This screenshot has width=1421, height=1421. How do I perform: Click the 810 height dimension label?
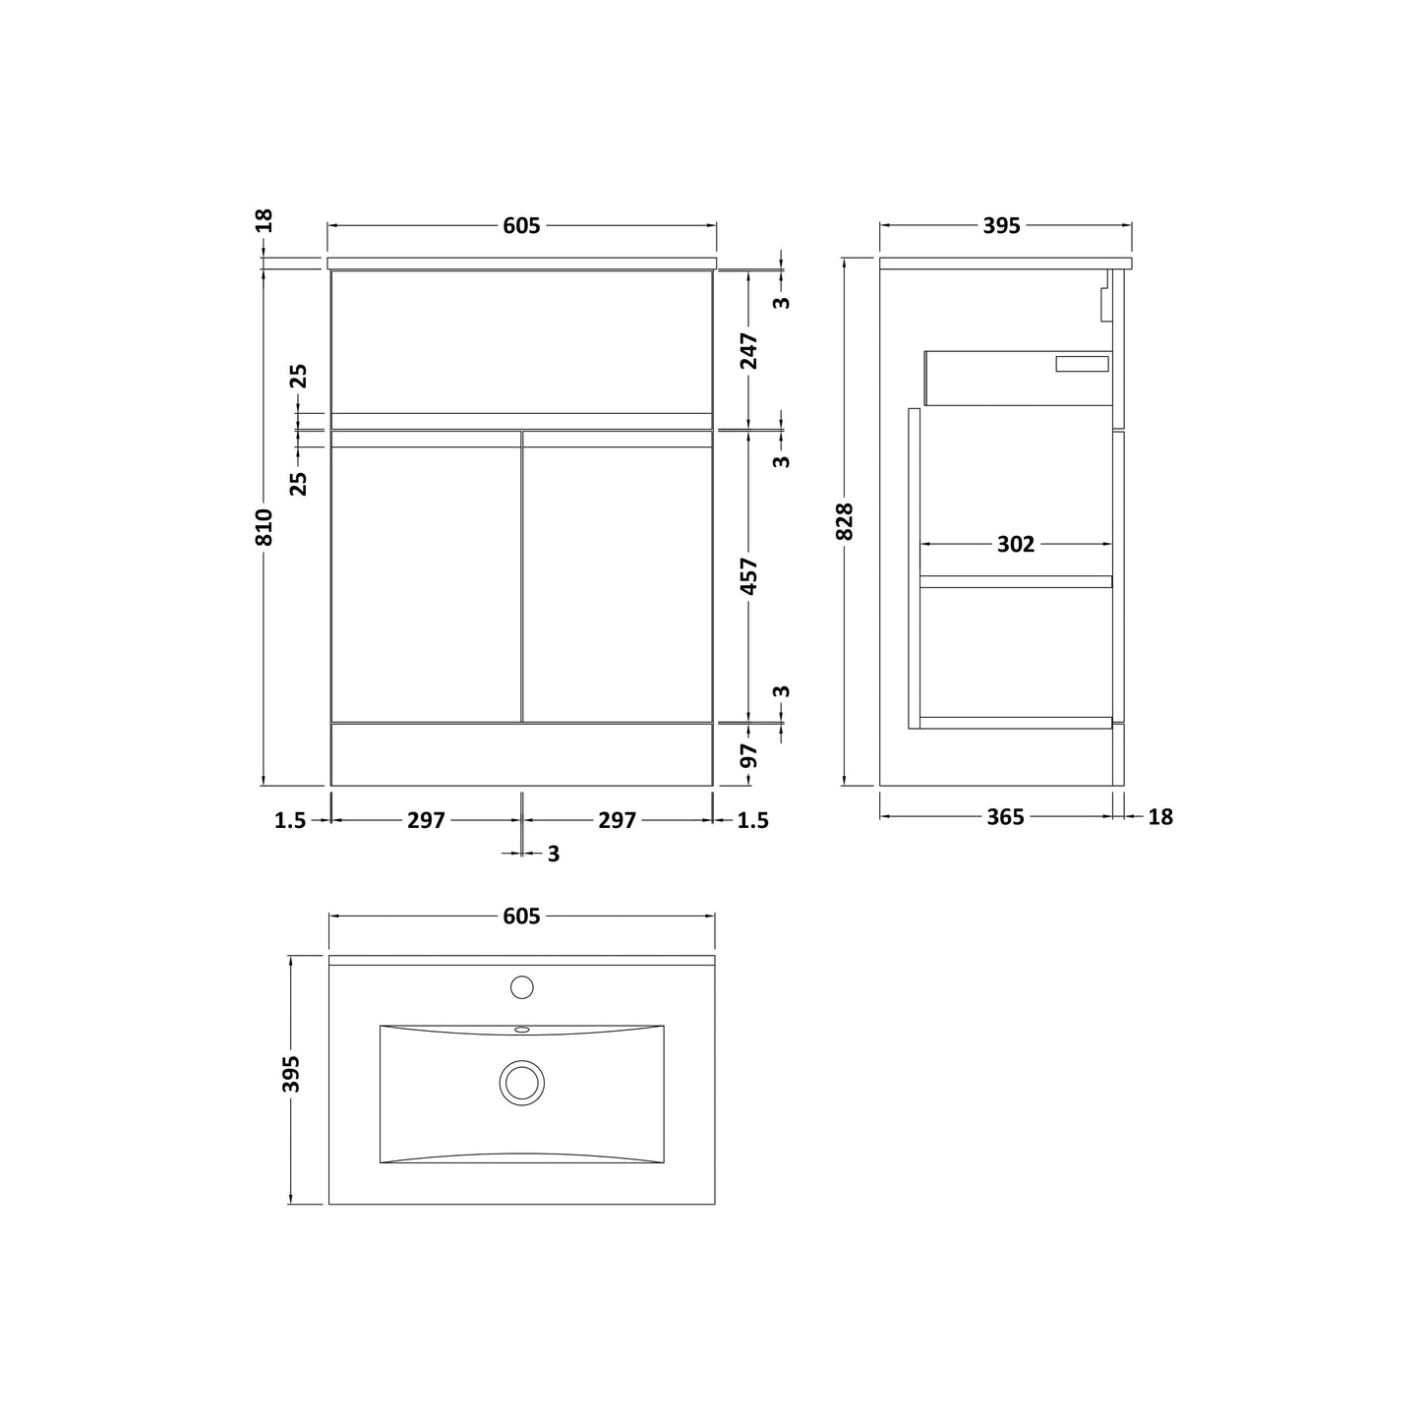(264, 526)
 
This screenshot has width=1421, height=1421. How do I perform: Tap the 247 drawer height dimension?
(748, 351)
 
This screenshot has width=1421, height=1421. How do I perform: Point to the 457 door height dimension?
(748, 576)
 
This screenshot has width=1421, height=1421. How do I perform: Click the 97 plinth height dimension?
(748, 755)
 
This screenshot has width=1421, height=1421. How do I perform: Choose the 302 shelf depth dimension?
(1016, 544)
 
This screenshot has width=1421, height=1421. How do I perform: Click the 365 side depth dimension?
(1005, 817)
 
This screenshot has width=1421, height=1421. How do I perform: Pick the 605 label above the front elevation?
(521, 225)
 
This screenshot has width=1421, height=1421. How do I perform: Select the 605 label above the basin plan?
(521, 916)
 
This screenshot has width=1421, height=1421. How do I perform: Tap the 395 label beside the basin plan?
(291, 1074)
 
